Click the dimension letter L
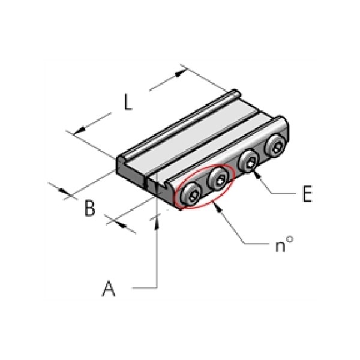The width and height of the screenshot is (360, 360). coord(128,102)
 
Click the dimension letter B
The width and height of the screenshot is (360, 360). coord(89,208)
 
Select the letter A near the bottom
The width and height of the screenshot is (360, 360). coord(109,289)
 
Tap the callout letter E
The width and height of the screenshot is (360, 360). coord(307,194)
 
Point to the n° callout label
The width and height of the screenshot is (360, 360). coord(284,245)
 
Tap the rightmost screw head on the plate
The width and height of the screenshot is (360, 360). coord(275,146)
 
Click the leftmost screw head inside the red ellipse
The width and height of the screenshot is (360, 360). coord(191,194)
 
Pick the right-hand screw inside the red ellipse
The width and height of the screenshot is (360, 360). coord(218,179)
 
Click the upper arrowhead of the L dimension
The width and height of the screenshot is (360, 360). coord(181,73)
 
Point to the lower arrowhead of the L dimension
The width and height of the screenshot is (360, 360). coord(79,131)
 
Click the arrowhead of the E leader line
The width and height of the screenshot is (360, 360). coord(257,175)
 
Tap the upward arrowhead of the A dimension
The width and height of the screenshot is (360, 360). coord(157,223)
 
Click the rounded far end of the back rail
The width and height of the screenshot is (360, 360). coord(236,93)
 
